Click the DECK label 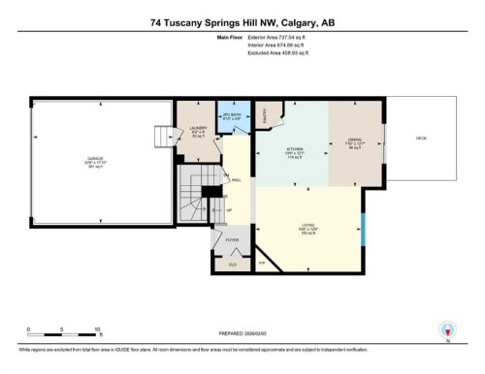[421, 139]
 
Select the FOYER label [232, 239]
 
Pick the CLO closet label [232, 263]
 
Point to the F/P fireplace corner [260, 262]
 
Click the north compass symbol [446, 329]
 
